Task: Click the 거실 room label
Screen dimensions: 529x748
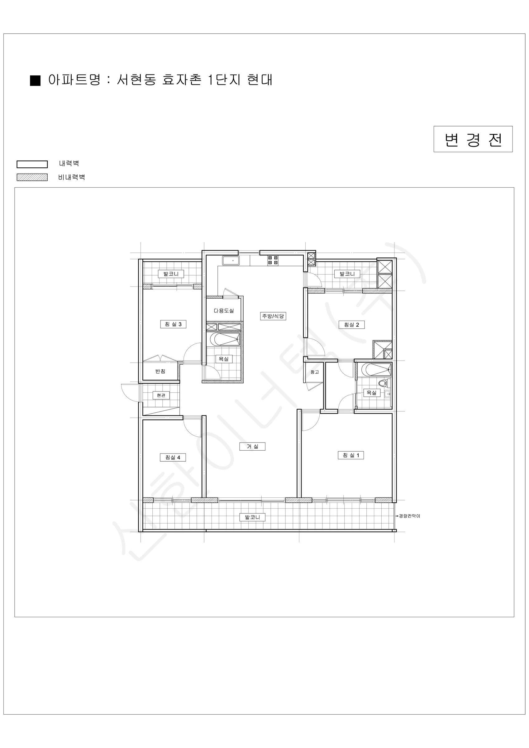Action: pyautogui.click(x=252, y=446)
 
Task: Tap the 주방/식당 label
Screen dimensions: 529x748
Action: pyautogui.click(x=273, y=316)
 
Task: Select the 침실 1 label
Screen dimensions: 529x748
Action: pyautogui.click(x=351, y=455)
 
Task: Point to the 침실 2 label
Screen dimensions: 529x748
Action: pyautogui.click(x=351, y=325)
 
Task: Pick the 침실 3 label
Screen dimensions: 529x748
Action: pyautogui.click(x=173, y=324)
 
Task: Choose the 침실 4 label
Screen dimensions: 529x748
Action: pyautogui.click(x=173, y=458)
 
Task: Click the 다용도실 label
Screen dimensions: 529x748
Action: pyautogui.click(x=224, y=311)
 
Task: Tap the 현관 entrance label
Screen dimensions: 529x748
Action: pyautogui.click(x=161, y=395)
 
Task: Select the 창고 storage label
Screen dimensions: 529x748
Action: pyautogui.click(x=315, y=372)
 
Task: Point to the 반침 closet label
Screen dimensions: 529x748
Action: pyautogui.click(x=160, y=372)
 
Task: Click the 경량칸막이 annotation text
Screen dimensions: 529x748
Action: pyautogui.click(x=409, y=516)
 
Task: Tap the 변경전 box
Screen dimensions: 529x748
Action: pyautogui.click(x=473, y=139)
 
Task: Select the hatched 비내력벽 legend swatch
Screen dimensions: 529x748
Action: pyautogui.click(x=32, y=177)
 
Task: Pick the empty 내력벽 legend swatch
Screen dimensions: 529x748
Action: pyautogui.click(x=32, y=164)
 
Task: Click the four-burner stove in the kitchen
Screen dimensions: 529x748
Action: pyautogui.click(x=273, y=260)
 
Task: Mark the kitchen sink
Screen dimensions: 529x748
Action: pyautogui.click(x=231, y=261)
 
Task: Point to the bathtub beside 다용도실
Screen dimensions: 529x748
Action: pyautogui.click(x=225, y=339)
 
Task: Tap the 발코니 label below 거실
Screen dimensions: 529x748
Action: pyautogui.click(x=252, y=517)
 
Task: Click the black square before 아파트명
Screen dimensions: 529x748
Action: pyautogui.click(x=35, y=80)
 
